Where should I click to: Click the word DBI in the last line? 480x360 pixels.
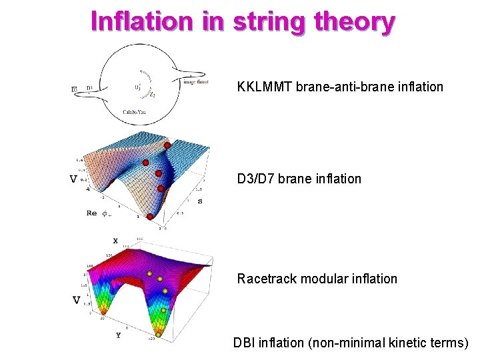tap(244, 343)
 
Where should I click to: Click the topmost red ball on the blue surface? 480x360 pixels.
tap(167, 145)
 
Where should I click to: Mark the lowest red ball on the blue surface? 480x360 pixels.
tap(150, 217)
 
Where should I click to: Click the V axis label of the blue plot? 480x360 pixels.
tap(73, 179)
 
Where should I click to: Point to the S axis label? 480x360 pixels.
tap(200, 201)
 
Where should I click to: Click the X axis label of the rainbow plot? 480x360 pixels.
tap(115, 241)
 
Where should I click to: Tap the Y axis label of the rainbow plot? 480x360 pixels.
tap(118, 335)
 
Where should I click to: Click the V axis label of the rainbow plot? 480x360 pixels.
tap(77, 300)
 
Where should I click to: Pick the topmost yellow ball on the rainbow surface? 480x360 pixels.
tap(149, 273)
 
